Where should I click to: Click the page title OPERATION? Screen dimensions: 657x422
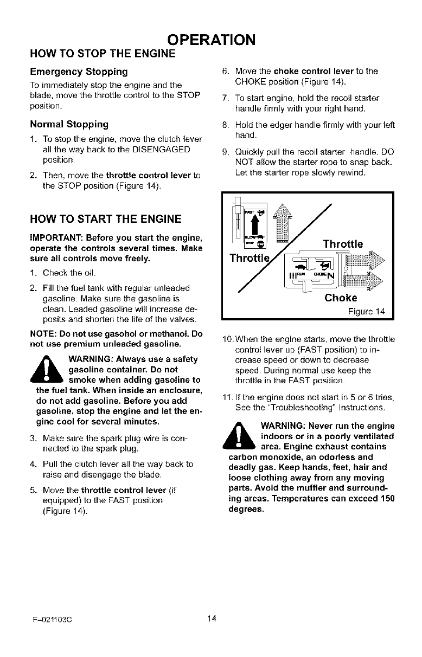click(211, 40)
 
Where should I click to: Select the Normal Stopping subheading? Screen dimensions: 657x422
click(72, 124)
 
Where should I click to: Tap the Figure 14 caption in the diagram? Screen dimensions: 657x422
click(366, 311)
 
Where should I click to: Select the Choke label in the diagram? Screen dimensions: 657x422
click(341, 298)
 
